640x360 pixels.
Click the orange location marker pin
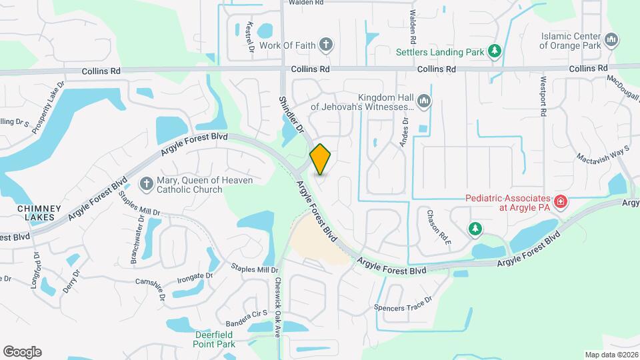[321, 159]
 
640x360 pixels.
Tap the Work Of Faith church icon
[325, 45]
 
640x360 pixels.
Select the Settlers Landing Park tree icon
[494, 51]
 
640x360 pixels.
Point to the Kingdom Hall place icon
[424, 101]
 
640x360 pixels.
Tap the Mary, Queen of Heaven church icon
[146, 183]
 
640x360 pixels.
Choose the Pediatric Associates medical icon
[561, 200]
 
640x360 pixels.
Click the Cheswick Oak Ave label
[278, 307]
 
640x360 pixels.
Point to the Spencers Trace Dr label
[403, 303]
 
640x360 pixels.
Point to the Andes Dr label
[403, 131]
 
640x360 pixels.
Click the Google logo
[22, 352]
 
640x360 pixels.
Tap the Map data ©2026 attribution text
[611, 355]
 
